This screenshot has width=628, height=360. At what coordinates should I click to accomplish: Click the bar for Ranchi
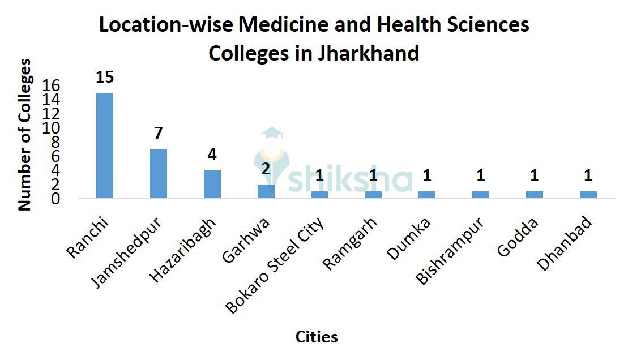pyautogui.click(x=105, y=145)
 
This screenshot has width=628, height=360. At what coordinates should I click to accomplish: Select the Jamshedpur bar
pyautogui.click(x=159, y=174)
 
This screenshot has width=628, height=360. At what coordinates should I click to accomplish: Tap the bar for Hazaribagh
pyautogui.click(x=212, y=185)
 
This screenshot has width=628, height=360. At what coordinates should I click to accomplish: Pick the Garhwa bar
pyautogui.click(x=266, y=191)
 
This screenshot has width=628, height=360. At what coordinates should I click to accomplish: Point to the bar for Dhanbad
pyautogui.click(x=588, y=195)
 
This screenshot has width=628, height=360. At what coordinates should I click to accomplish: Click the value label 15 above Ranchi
pyautogui.click(x=105, y=77)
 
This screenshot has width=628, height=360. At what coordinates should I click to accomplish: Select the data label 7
pyautogui.click(x=159, y=134)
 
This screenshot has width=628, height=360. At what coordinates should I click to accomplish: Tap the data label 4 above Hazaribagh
pyautogui.click(x=212, y=155)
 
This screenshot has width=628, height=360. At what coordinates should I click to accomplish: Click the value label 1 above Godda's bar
pyautogui.click(x=535, y=176)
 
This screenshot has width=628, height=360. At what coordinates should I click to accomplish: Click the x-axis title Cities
pyautogui.click(x=317, y=337)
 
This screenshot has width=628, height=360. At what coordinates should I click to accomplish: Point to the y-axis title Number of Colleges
pyautogui.click(x=24, y=135)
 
